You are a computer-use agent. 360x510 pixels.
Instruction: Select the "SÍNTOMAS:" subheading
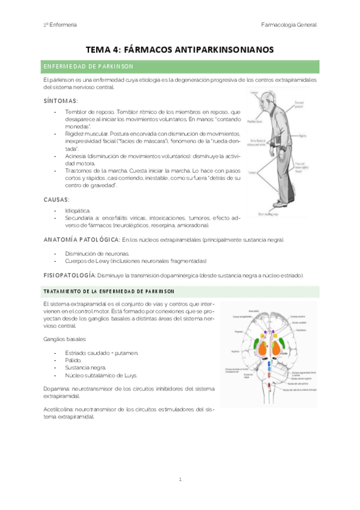click(x=61, y=100)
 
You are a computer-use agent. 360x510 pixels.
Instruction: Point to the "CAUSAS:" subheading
click(x=57, y=198)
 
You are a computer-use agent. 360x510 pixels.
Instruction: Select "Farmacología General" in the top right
click(x=289, y=25)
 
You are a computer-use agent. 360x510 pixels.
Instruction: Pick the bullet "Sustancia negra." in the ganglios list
click(x=86, y=367)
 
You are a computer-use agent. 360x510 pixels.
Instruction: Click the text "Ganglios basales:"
click(x=61, y=339)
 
